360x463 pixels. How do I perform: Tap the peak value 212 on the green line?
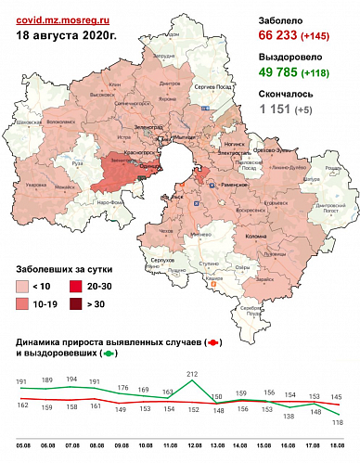point(191,374)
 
